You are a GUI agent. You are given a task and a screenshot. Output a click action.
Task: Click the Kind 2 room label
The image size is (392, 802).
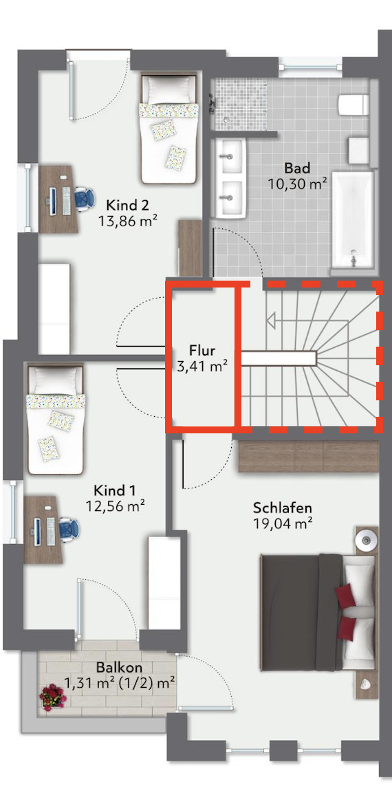127,206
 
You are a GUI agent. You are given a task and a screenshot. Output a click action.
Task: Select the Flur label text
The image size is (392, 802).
202,351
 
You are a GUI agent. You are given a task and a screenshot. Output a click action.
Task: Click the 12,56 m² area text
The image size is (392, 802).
116,506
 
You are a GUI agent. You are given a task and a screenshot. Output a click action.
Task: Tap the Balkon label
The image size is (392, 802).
119,667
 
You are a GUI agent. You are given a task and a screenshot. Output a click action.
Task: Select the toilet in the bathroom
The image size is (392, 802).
353,105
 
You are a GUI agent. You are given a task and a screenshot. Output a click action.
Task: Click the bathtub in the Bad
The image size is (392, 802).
353,219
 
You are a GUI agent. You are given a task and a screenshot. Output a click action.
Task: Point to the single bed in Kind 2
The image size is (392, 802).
168,129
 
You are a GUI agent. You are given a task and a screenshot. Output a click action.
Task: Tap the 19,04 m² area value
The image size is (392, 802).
283,523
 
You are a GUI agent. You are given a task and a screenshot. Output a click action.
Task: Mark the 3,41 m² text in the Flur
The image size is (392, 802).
202,367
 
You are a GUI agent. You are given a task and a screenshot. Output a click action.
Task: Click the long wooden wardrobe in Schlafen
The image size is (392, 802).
309,456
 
